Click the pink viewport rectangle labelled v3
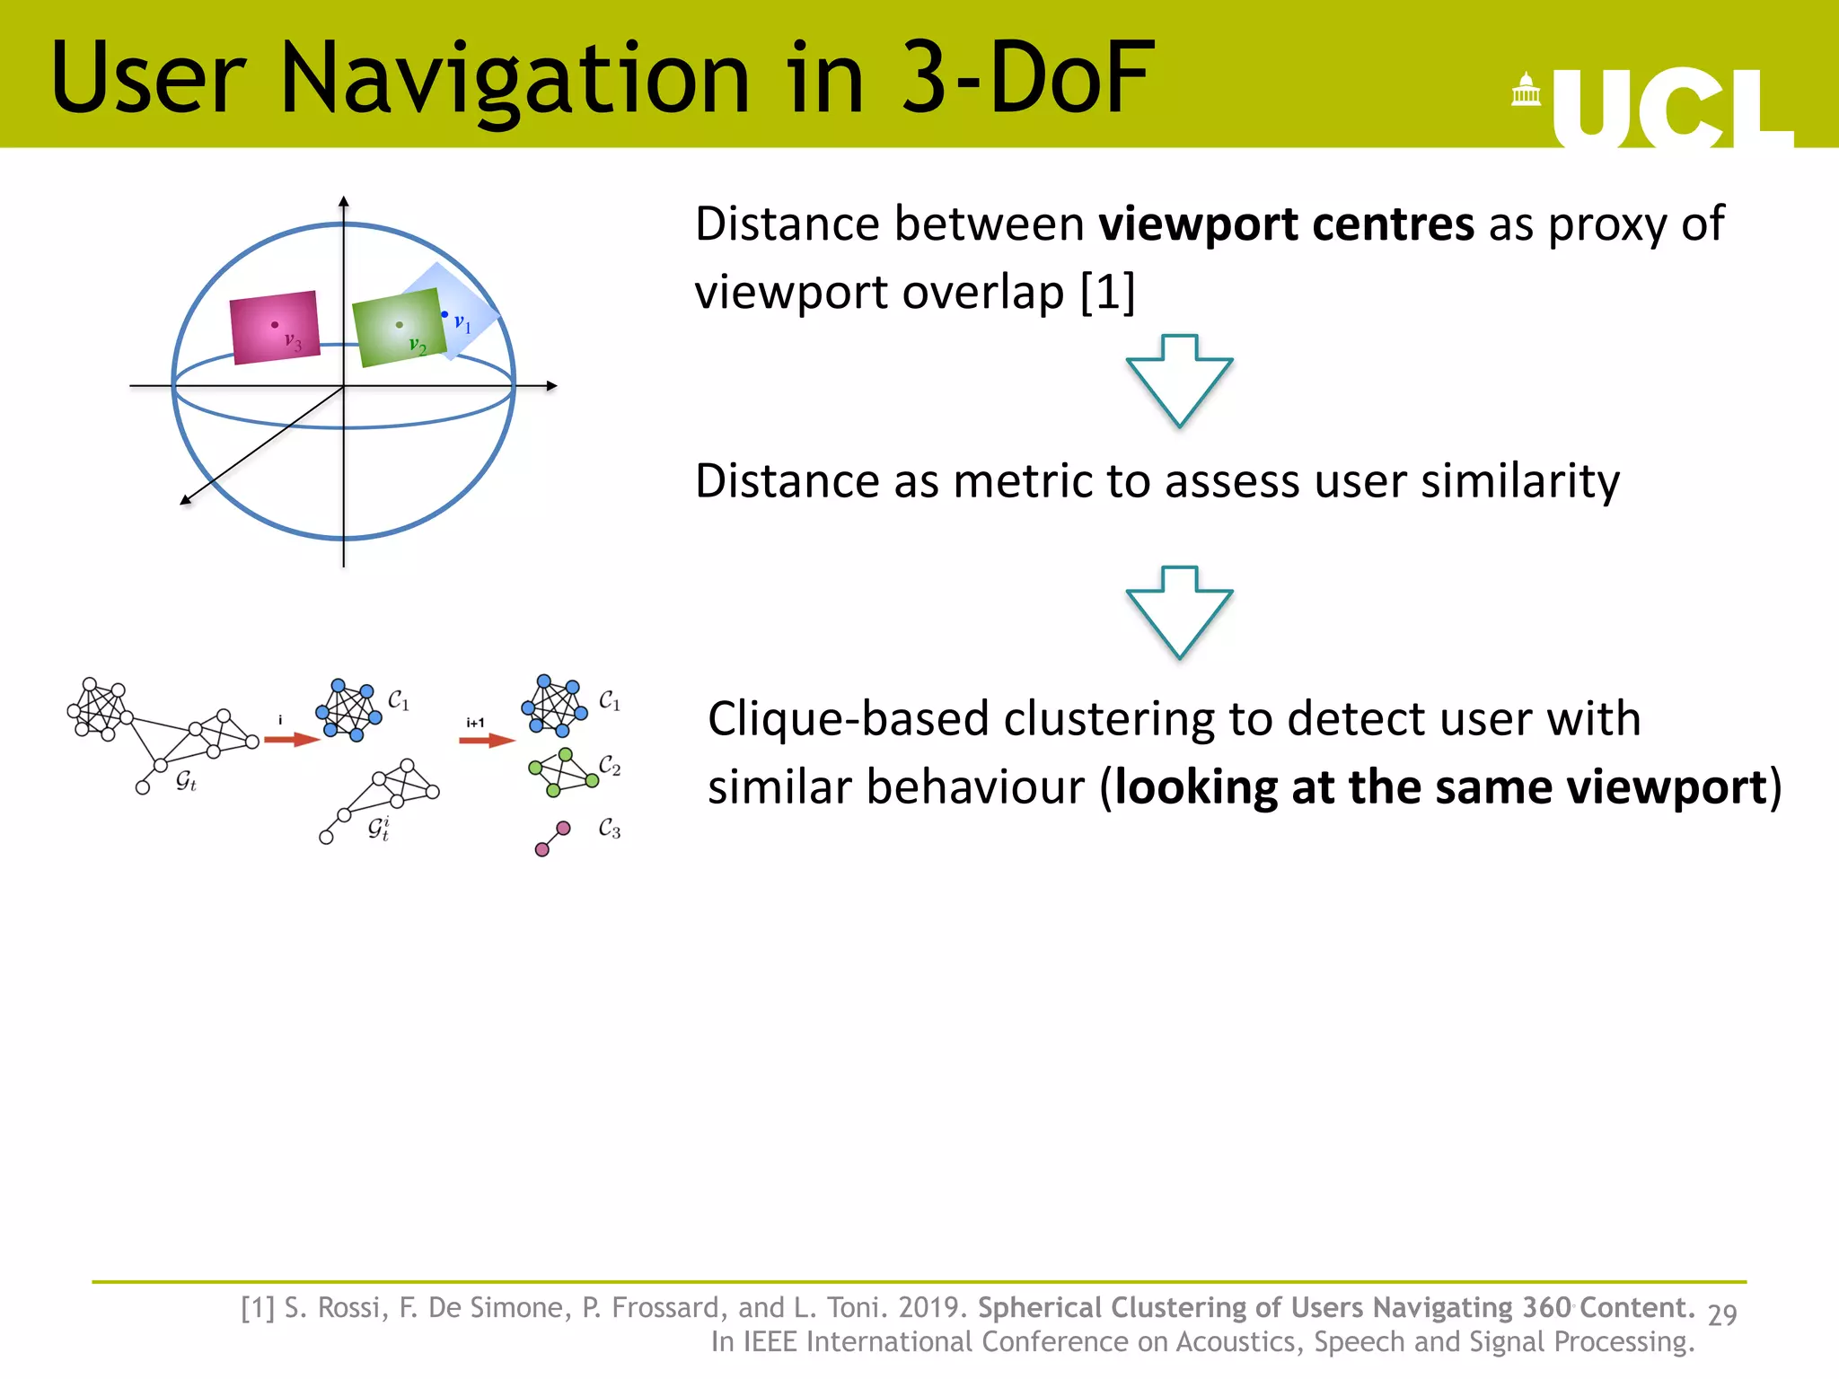pyautogui.click(x=275, y=327)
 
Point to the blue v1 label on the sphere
pyautogui.click(x=462, y=322)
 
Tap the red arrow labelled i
pyautogui.click(x=292, y=740)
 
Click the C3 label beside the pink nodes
pyautogui.click(x=610, y=828)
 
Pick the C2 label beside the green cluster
pyautogui.click(x=610, y=765)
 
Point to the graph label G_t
pyautogui.click(x=186, y=780)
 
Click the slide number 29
pyautogui.click(x=1722, y=1314)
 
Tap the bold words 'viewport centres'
pyautogui.click(x=1286, y=224)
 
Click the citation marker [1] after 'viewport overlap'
pyautogui.click(x=1108, y=292)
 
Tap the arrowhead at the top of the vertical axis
pyautogui.click(x=344, y=201)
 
